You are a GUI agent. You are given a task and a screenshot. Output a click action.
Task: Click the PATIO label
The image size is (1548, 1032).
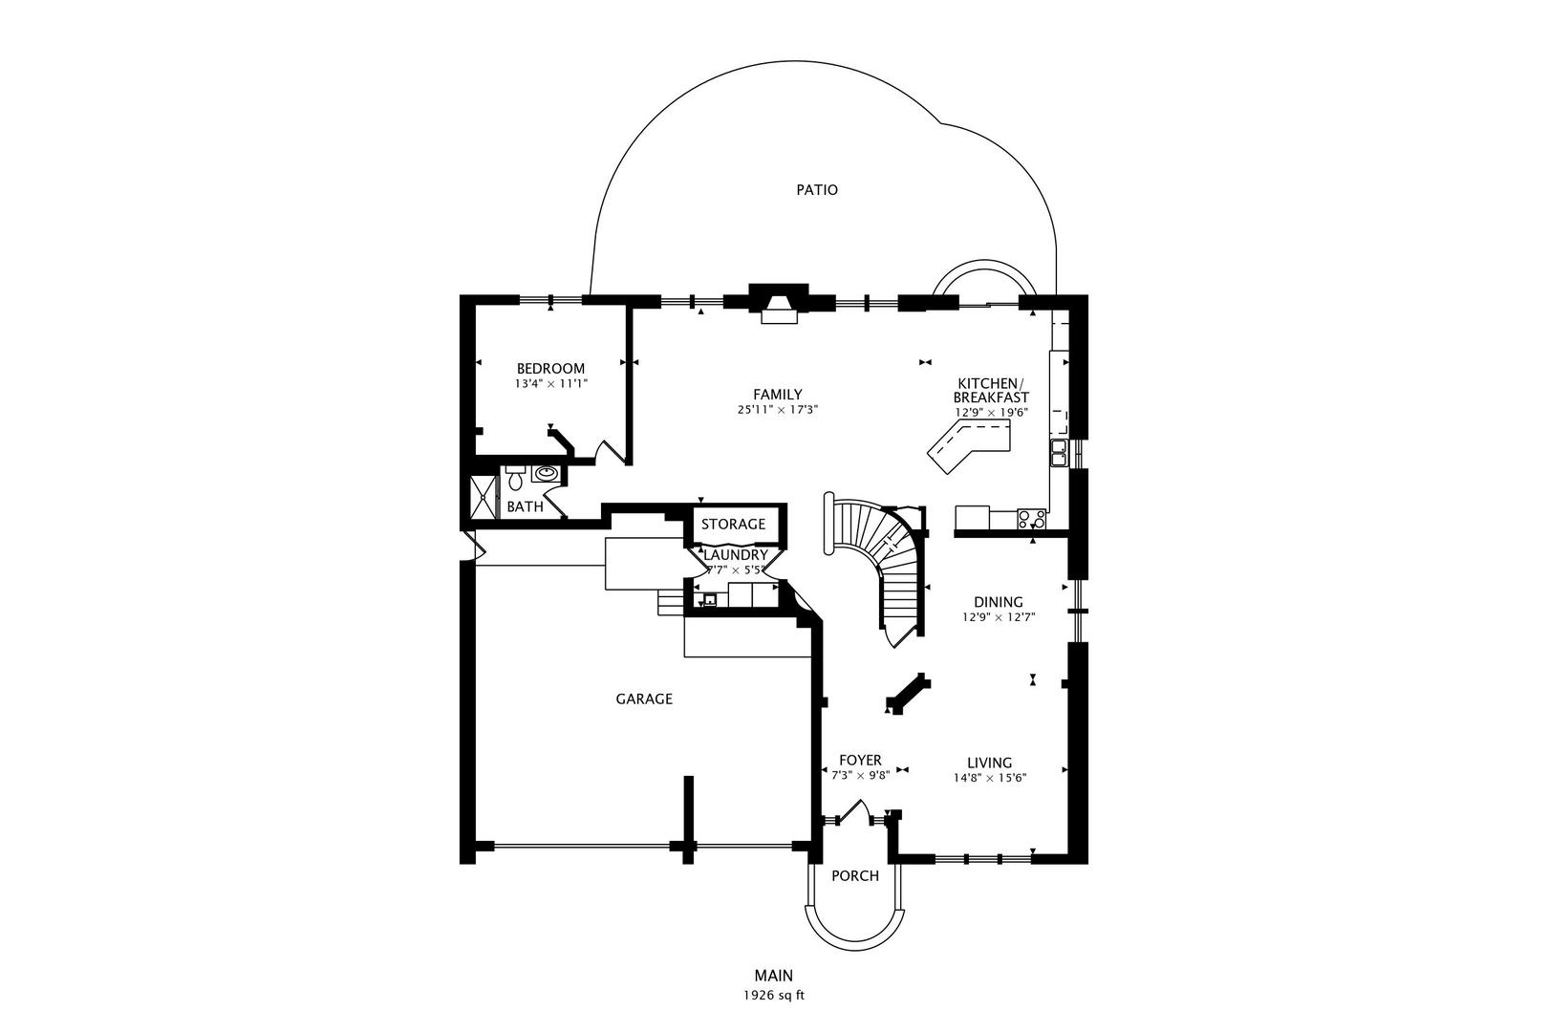pyautogui.click(x=817, y=190)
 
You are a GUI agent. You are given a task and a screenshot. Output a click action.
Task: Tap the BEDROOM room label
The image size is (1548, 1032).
pyautogui.click(x=550, y=369)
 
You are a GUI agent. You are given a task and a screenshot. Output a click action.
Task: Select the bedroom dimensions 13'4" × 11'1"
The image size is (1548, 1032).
pyautogui.click(x=550, y=384)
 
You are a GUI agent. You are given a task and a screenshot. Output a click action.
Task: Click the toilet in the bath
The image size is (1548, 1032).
pyautogui.click(x=515, y=476)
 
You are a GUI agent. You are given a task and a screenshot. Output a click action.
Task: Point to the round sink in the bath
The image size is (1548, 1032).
pyautogui.click(x=547, y=473)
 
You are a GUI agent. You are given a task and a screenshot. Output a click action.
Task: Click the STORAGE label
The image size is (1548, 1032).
pyautogui.click(x=734, y=525)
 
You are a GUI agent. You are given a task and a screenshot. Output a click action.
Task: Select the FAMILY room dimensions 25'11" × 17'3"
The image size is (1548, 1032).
pyautogui.click(x=777, y=409)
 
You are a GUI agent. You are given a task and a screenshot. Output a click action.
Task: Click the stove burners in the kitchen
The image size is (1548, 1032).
pyautogui.click(x=1031, y=520)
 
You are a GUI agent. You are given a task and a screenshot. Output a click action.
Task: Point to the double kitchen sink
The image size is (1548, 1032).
pyautogui.click(x=1059, y=453)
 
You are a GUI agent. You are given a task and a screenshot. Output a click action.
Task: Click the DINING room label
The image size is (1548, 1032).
pyautogui.click(x=999, y=602)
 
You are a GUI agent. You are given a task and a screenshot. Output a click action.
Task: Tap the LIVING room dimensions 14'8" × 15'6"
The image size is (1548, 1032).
pyautogui.click(x=989, y=778)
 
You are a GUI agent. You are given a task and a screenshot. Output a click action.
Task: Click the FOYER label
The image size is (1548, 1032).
pyautogui.click(x=860, y=761)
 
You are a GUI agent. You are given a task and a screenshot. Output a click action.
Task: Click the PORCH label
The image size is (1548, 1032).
pyautogui.click(x=854, y=876)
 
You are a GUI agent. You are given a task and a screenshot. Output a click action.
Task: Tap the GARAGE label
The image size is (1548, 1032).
pyautogui.click(x=644, y=699)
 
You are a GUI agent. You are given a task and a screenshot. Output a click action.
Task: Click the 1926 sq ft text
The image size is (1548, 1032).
pyautogui.click(x=774, y=995)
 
